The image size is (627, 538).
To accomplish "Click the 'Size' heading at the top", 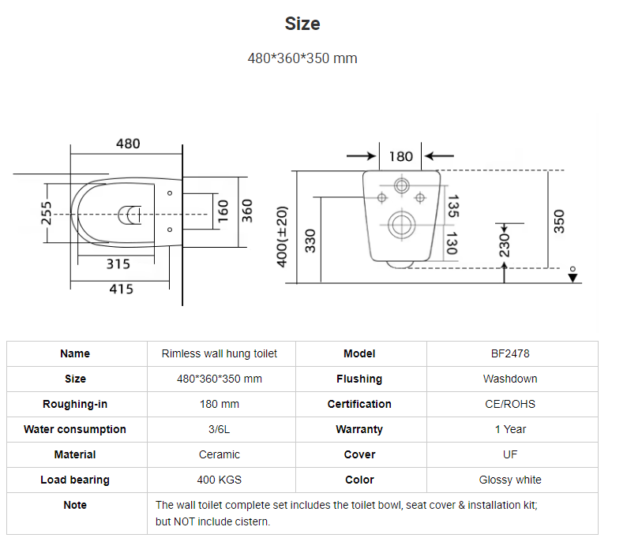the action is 302,24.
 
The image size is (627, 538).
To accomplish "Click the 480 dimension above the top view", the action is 128,144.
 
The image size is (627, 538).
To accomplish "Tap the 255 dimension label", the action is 47,213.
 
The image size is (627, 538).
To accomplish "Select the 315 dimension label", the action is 118,264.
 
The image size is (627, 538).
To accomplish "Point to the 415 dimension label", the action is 121,289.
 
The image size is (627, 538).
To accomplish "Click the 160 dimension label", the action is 223,211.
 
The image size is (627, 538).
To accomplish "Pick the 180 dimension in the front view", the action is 400,156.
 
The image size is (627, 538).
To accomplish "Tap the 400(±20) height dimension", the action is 282,237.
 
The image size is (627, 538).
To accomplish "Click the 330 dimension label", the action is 310,241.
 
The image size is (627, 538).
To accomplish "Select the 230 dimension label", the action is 505,245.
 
